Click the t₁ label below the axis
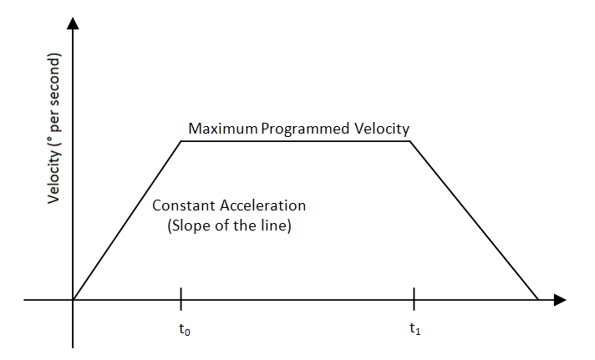click(415, 329)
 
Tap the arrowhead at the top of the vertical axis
click(74, 23)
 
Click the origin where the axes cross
click(74, 299)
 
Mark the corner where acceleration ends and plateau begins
click(181, 140)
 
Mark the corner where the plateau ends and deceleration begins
click(409, 140)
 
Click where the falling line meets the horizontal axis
click(537, 299)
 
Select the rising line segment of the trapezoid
click(127, 220)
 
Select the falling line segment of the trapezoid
click(474, 220)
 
